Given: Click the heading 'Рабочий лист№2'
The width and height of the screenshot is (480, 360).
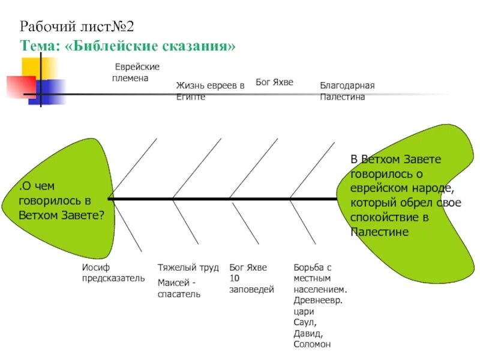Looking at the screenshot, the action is pos(77,26).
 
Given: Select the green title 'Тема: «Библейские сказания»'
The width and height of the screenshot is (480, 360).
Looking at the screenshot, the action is pos(128,46).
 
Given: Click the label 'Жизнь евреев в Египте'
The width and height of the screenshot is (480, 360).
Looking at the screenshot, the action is pos(210,91).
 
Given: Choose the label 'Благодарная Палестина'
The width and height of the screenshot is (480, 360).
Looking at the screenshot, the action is pos(347,91).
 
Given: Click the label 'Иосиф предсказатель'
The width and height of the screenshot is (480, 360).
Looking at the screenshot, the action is pos(113,272).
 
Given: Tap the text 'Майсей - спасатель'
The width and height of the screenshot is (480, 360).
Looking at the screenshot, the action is pos(179,288).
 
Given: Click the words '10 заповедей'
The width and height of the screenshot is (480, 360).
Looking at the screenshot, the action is pos(251,284).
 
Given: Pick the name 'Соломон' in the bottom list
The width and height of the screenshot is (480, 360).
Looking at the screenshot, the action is pos(312,344).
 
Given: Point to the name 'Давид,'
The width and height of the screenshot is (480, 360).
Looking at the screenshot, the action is pos(308,334).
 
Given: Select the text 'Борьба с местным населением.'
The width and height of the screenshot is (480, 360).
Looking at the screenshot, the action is pos(320,278).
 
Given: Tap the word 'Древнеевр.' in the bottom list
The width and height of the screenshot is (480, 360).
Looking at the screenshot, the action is pos(318,301).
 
